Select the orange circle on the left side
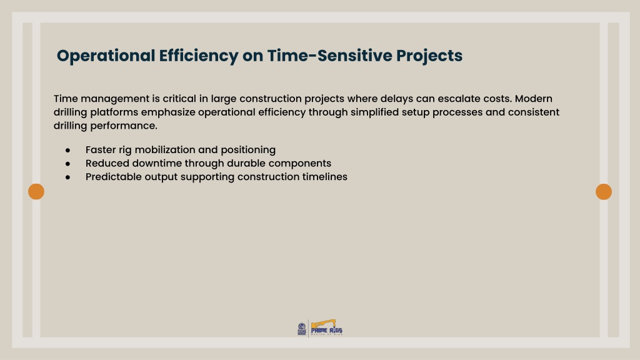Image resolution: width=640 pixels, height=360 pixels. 36,191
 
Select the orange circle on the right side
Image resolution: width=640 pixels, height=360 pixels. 604,191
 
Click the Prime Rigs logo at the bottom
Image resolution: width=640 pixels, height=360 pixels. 326,327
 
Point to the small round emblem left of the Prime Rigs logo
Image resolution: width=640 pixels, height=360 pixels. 302,329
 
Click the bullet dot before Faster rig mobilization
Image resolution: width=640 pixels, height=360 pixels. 67,151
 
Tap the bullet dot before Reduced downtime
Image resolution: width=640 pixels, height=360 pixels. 67,164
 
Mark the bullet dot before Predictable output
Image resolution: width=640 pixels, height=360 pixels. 67,177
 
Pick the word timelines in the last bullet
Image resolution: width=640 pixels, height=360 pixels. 325,177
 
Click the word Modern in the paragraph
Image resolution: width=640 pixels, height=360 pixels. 534,99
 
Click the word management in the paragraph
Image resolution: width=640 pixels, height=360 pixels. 115,99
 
